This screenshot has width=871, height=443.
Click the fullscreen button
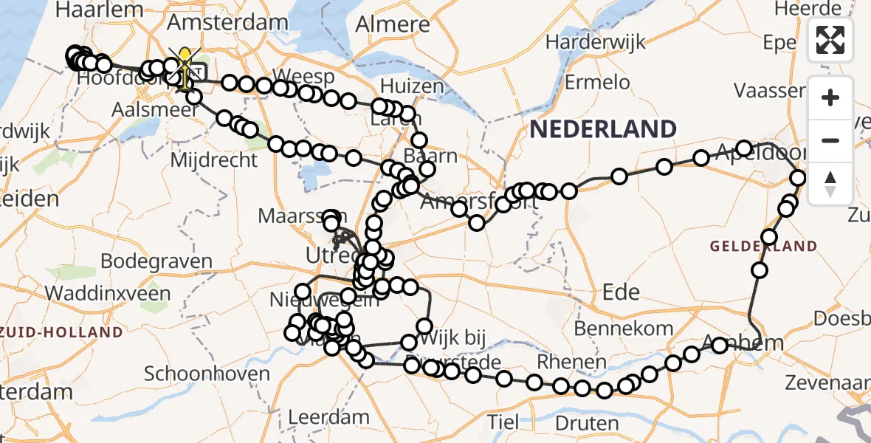pos(830,40)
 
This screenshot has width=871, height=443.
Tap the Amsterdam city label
pos(227,22)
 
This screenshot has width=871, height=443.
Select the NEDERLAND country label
pos(603,129)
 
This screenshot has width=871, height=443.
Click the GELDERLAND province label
pos(763,246)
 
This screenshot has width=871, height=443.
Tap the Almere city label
pos(393,24)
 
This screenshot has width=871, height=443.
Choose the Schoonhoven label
pos(207,374)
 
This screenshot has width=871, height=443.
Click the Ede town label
pos(621,292)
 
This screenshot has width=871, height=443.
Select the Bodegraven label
pos(156,261)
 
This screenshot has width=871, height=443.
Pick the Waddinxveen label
pos(108,293)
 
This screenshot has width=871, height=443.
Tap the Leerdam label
pos(328,417)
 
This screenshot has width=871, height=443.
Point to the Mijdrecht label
pos(214,159)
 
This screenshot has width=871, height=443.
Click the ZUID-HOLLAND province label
pos(62,332)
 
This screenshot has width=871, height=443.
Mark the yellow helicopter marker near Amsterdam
pos(184,66)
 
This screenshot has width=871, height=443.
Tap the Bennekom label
pos(624,328)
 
